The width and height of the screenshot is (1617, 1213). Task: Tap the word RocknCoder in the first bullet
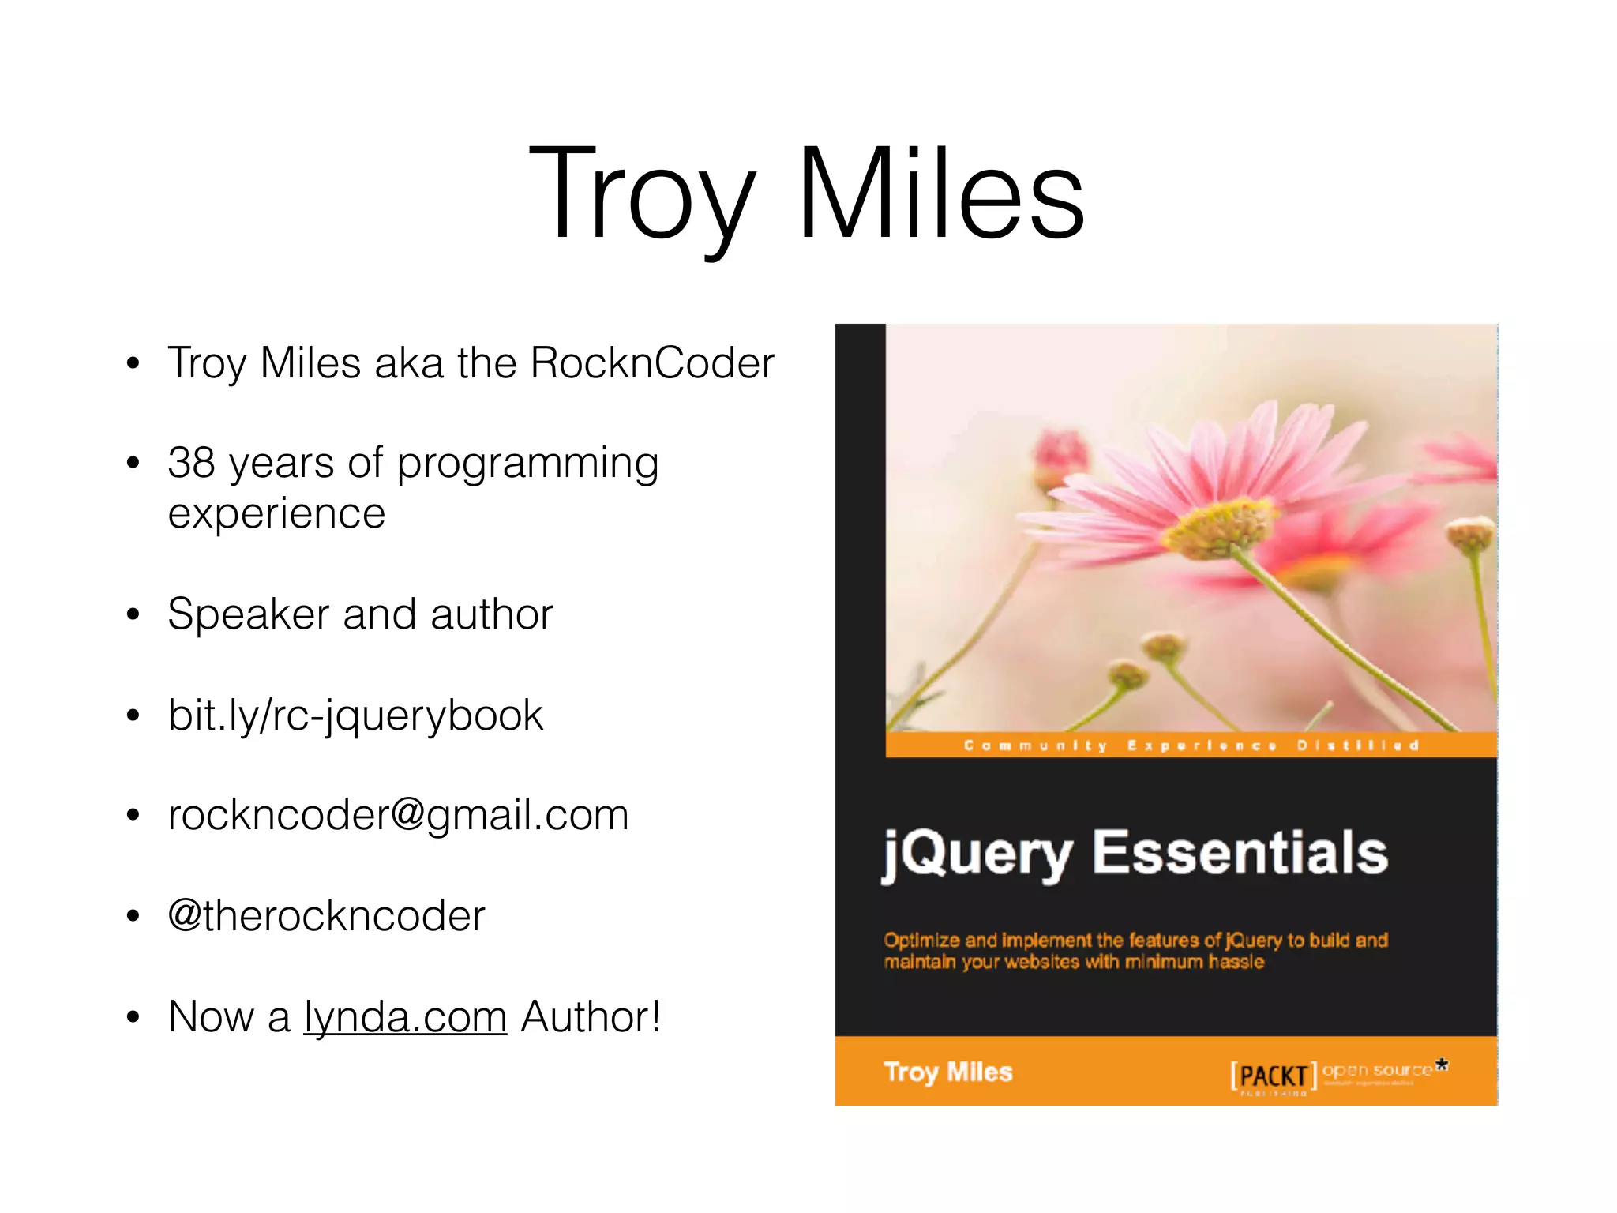[x=652, y=363]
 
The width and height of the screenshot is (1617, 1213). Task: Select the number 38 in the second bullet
[x=191, y=463]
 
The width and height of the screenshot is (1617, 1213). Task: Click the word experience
[x=276, y=515]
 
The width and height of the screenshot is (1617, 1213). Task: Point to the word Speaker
[x=248, y=615]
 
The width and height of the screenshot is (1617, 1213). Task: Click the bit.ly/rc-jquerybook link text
[x=355, y=715]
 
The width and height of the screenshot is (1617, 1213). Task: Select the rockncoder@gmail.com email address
[x=398, y=815]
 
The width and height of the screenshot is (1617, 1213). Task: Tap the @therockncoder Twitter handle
[x=326, y=916]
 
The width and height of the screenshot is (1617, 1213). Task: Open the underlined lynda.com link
[x=405, y=1017]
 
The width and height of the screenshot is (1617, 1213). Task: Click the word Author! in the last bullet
[x=591, y=1017]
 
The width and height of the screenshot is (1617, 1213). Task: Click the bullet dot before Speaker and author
[x=133, y=614]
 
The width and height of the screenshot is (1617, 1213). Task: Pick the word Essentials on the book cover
[x=1240, y=853]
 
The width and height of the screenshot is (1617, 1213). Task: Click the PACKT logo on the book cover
[x=1273, y=1076]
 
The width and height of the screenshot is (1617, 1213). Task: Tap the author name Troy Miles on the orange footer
[x=947, y=1072]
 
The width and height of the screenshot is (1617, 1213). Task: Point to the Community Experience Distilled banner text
[x=1191, y=745]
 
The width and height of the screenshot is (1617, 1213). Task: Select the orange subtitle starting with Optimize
[x=1135, y=951]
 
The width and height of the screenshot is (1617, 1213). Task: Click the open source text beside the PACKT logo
[x=1377, y=1071]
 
